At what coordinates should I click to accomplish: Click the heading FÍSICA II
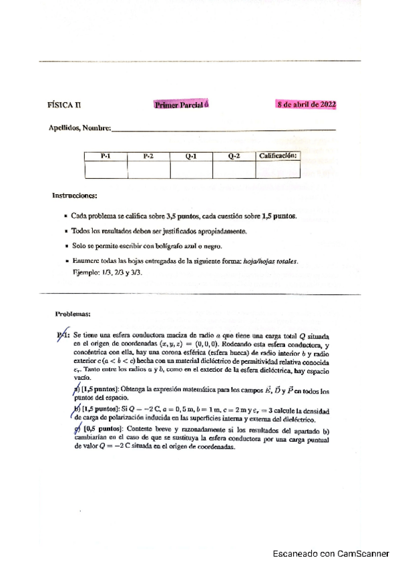[x=65, y=105]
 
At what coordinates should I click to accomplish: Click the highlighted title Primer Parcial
[x=182, y=105]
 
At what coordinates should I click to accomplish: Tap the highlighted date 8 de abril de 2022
[x=307, y=105]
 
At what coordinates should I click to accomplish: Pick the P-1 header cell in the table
[x=106, y=156]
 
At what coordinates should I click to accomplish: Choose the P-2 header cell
[x=148, y=156]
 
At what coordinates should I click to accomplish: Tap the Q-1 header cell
[x=191, y=156]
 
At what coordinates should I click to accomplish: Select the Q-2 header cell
[x=234, y=156]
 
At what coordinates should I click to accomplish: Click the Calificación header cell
[x=277, y=156]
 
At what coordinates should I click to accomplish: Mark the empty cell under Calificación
[x=277, y=170]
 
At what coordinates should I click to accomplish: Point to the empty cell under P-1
[x=106, y=170]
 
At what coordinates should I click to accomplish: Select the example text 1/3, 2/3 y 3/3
[x=120, y=273]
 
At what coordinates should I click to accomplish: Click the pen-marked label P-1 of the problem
[x=63, y=336]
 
